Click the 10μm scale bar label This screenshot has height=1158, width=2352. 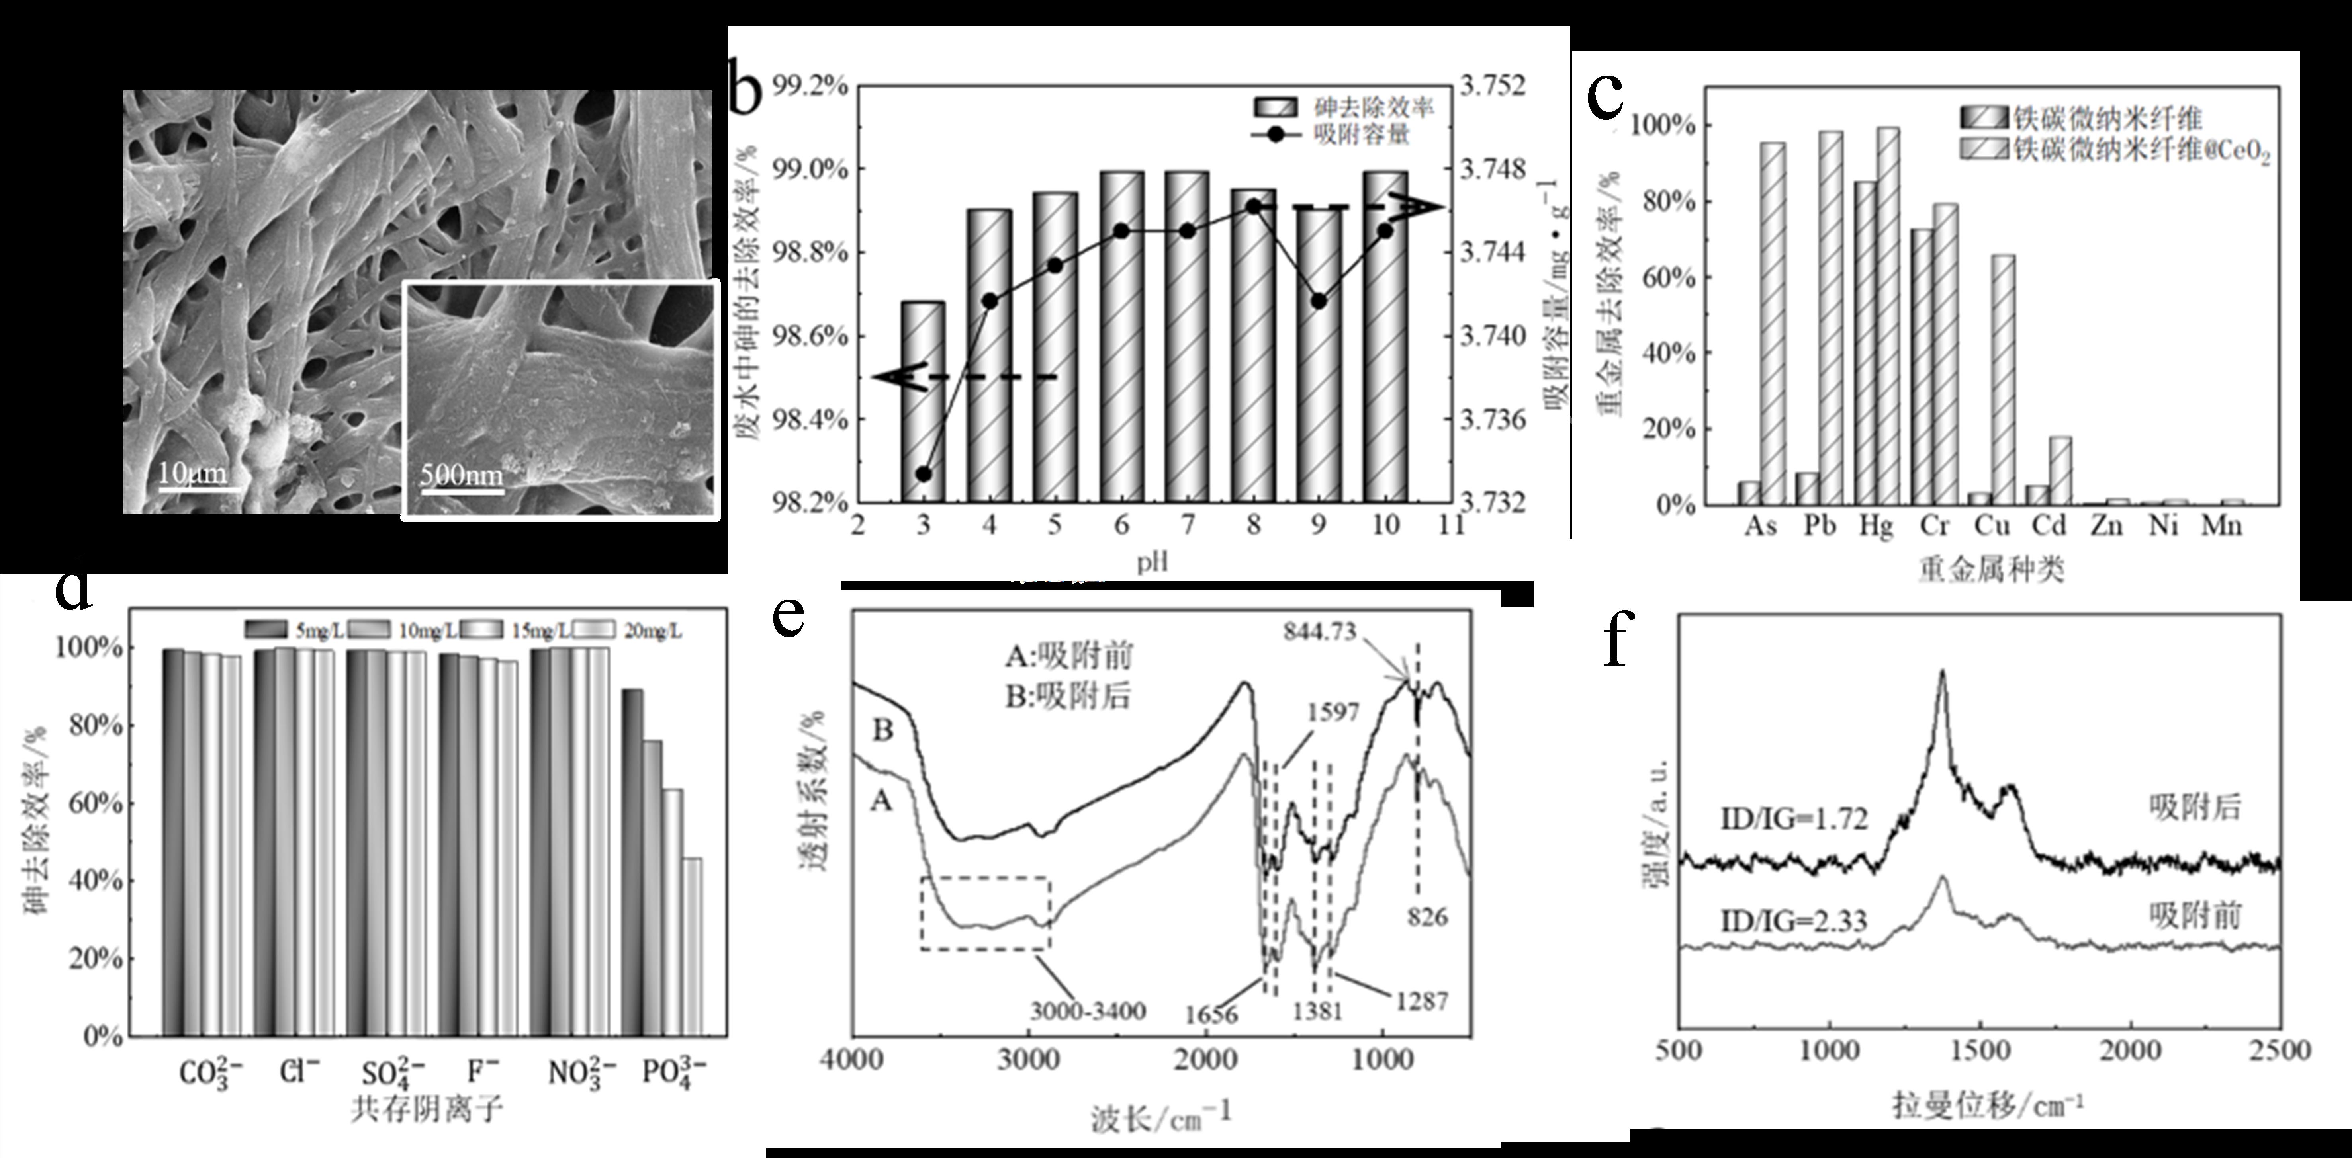coord(192,473)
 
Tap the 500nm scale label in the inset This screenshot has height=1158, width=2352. coord(461,475)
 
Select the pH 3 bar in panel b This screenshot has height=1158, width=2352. coord(923,402)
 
